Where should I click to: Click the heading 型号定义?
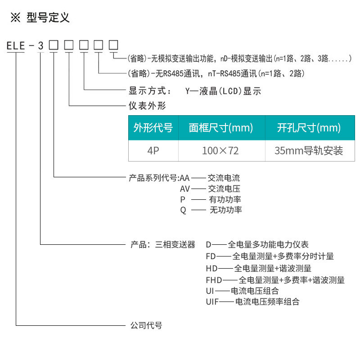tap(48, 18)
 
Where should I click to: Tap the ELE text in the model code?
tap(16, 46)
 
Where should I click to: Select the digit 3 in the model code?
tap(40, 46)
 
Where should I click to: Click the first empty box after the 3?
tap(54, 45)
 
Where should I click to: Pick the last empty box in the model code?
tap(113, 45)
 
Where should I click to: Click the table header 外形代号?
tap(153, 128)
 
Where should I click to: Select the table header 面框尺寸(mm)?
tap(221, 128)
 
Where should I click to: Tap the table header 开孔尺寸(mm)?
tap(309, 128)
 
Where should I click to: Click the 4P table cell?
tap(153, 151)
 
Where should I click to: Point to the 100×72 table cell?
tap(220, 151)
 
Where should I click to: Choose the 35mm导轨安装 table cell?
tap(309, 151)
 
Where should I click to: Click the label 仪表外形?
tap(147, 106)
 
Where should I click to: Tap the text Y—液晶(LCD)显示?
tap(223, 91)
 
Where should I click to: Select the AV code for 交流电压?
tap(185, 189)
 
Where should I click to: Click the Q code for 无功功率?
tap(183, 210)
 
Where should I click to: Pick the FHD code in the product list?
tap(214, 280)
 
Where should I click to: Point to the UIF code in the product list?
tap(212, 301)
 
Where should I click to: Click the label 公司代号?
tap(146, 325)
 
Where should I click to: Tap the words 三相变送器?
tap(175, 244)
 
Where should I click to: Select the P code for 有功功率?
tap(183, 199)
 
